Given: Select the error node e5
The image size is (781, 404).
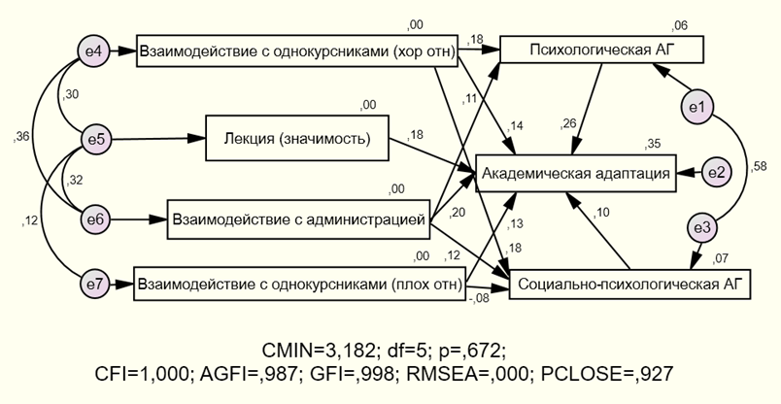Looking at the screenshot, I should [x=95, y=139].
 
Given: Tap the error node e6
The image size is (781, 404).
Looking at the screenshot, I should [x=95, y=220].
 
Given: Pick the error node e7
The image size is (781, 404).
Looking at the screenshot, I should [x=95, y=286].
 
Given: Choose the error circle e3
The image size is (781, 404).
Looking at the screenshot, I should [x=702, y=228].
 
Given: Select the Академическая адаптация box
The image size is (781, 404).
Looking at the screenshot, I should [x=574, y=173].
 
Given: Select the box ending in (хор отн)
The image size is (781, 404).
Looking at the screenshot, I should [x=298, y=51].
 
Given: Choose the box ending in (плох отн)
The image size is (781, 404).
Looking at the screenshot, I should [x=300, y=285].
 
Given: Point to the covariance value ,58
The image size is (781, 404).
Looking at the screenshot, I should [x=760, y=167].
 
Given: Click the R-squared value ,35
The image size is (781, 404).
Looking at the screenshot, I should [x=653, y=144].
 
